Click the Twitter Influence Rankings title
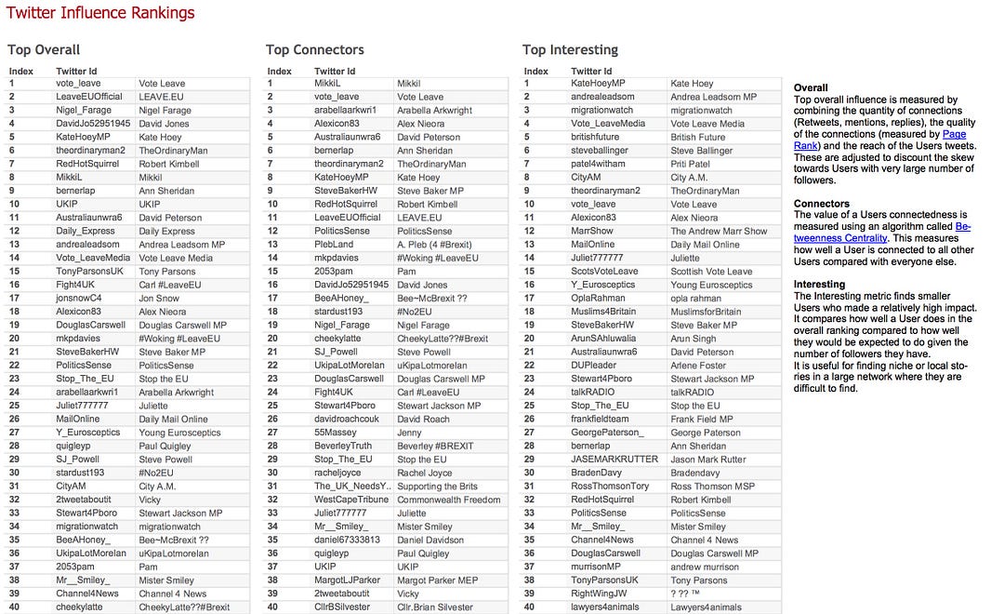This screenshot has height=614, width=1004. [100, 12]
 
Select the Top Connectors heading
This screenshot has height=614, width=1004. [314, 49]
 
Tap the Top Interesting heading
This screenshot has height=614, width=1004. [570, 49]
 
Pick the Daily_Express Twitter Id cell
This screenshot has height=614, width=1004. [86, 231]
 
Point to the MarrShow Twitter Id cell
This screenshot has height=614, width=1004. [592, 231]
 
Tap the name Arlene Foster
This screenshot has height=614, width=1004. [699, 366]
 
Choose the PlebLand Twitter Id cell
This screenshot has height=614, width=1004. [334, 245]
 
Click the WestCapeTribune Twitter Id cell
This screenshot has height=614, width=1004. [352, 500]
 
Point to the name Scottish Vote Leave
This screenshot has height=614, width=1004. [711, 272]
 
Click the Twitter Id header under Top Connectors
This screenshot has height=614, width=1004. [335, 71]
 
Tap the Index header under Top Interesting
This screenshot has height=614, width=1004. [535, 71]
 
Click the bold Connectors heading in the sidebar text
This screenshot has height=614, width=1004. [821, 203]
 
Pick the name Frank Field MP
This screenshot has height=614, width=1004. [701, 419]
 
